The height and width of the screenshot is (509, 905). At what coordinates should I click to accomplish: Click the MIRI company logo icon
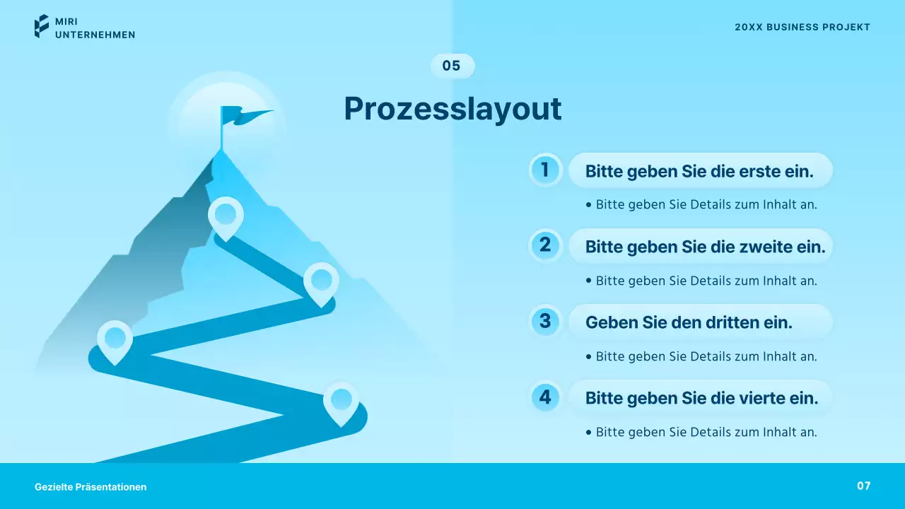pyautogui.click(x=42, y=26)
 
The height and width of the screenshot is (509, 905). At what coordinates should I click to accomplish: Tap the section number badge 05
pyautogui.click(x=452, y=66)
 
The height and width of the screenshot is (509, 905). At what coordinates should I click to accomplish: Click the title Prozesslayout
pyautogui.click(x=452, y=109)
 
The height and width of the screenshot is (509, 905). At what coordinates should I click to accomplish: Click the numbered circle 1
pyautogui.click(x=545, y=170)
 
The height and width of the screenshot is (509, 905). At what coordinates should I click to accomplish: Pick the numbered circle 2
pyautogui.click(x=545, y=245)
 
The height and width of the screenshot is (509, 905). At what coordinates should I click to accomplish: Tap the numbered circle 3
pyautogui.click(x=545, y=321)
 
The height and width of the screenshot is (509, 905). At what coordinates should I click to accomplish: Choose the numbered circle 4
pyautogui.click(x=545, y=397)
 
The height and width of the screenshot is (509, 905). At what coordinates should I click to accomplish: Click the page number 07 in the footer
pyautogui.click(x=863, y=486)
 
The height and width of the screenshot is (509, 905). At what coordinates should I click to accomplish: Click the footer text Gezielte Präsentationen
pyautogui.click(x=90, y=487)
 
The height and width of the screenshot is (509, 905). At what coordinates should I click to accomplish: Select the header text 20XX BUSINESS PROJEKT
pyautogui.click(x=802, y=28)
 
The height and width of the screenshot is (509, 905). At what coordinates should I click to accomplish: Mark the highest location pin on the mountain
pyautogui.click(x=226, y=214)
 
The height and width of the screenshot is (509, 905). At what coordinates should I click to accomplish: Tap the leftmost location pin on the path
pyautogui.click(x=115, y=339)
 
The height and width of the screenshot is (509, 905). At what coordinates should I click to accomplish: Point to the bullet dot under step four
pyautogui.click(x=589, y=432)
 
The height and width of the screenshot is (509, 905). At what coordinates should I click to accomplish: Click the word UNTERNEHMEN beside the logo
pyautogui.click(x=95, y=35)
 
